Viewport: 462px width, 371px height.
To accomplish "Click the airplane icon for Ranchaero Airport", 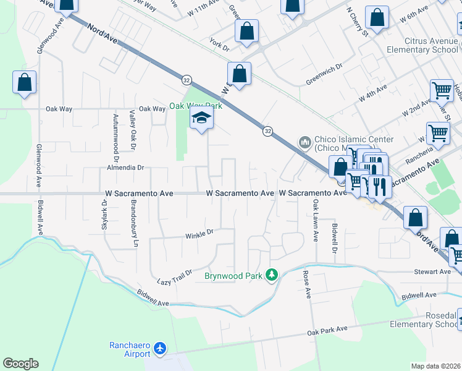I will [161, 349].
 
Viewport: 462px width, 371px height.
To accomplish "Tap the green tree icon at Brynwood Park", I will [271, 274].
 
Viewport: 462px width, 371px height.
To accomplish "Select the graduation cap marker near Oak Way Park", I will [201, 119].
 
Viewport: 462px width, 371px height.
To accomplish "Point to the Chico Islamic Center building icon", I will [304, 143].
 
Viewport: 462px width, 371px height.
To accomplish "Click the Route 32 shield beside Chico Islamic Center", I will [267, 130].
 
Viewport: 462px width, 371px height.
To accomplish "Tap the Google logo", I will [20, 364].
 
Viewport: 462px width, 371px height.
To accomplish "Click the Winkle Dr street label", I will [199, 234].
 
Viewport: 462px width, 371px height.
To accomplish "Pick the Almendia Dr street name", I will [125, 168].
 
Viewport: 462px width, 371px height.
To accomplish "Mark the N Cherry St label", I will [357, 20].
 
